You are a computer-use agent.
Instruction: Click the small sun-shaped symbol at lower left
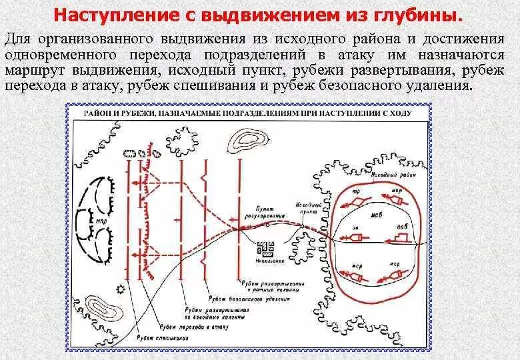click(120, 289)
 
